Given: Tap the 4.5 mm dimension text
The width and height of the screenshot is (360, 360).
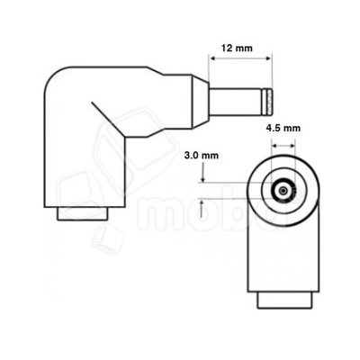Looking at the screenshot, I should point(284,129).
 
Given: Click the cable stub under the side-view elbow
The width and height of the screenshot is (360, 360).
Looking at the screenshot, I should point(84,215).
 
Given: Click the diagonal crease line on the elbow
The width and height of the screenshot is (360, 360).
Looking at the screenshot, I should point(108,122).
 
